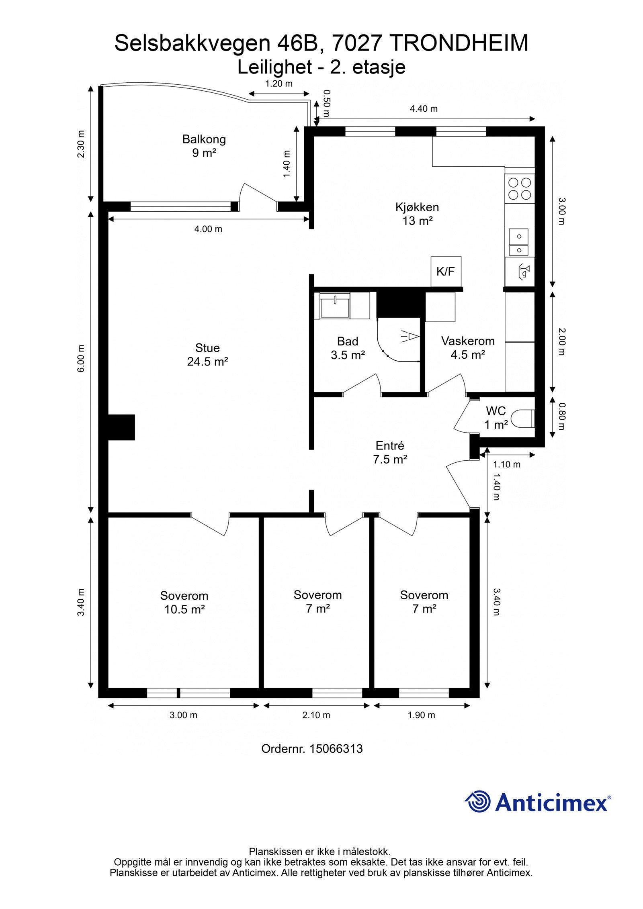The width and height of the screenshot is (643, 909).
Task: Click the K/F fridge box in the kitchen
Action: pyautogui.click(x=446, y=272)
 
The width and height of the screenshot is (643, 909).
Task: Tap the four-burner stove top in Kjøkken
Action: pyautogui.click(x=520, y=189)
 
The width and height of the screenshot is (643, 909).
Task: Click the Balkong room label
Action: pyautogui.click(x=204, y=139)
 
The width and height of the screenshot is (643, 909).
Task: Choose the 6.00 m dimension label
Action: pyautogui.click(x=81, y=358)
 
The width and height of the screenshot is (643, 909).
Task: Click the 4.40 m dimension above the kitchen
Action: pyautogui.click(x=424, y=108)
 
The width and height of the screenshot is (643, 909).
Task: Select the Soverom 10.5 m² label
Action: pyautogui.click(x=184, y=603)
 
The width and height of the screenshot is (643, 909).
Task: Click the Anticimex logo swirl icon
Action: pyautogui.click(x=478, y=802)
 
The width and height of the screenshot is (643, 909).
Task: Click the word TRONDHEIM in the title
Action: pyautogui.click(x=459, y=43)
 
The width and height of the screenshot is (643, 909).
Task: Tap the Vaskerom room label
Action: pyautogui.click(x=468, y=341)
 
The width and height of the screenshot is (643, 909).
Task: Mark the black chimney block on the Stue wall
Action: pyautogui.click(x=121, y=427)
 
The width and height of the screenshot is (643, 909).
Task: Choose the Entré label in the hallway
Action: pyautogui.click(x=390, y=445)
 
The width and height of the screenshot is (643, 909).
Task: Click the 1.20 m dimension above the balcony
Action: pyautogui.click(x=278, y=84)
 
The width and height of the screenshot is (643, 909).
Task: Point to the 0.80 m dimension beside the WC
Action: pyautogui.click(x=562, y=416)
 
